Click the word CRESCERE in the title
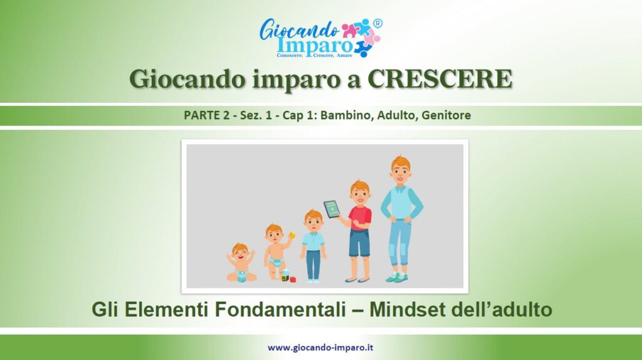point(439,78)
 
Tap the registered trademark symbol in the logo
point(377,23)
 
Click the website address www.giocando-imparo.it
point(320,347)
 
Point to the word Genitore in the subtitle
point(446,115)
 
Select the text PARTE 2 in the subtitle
point(206,115)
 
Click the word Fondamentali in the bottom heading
point(280,309)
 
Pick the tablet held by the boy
point(332,209)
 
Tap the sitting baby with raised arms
point(241,263)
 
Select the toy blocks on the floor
point(288,276)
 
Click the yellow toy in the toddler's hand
point(292,235)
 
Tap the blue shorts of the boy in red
point(359,243)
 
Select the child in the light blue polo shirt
point(313,246)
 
